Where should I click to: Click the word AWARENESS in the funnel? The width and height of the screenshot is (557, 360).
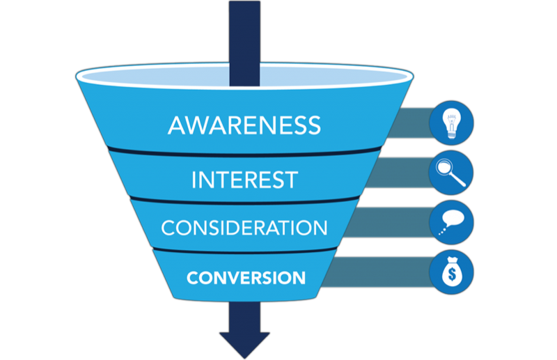[244, 125]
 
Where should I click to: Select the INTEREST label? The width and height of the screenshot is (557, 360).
[244, 179]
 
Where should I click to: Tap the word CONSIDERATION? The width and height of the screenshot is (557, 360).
[244, 228]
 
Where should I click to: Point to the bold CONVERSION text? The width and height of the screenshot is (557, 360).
[246, 278]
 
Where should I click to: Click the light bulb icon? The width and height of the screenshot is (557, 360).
[451, 123]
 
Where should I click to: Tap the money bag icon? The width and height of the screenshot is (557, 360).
[451, 272]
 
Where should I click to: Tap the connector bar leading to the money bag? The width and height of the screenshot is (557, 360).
[379, 272]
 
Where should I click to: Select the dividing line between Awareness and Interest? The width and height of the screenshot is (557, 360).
[244, 152]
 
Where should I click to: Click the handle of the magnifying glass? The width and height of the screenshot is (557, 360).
[460, 181]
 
